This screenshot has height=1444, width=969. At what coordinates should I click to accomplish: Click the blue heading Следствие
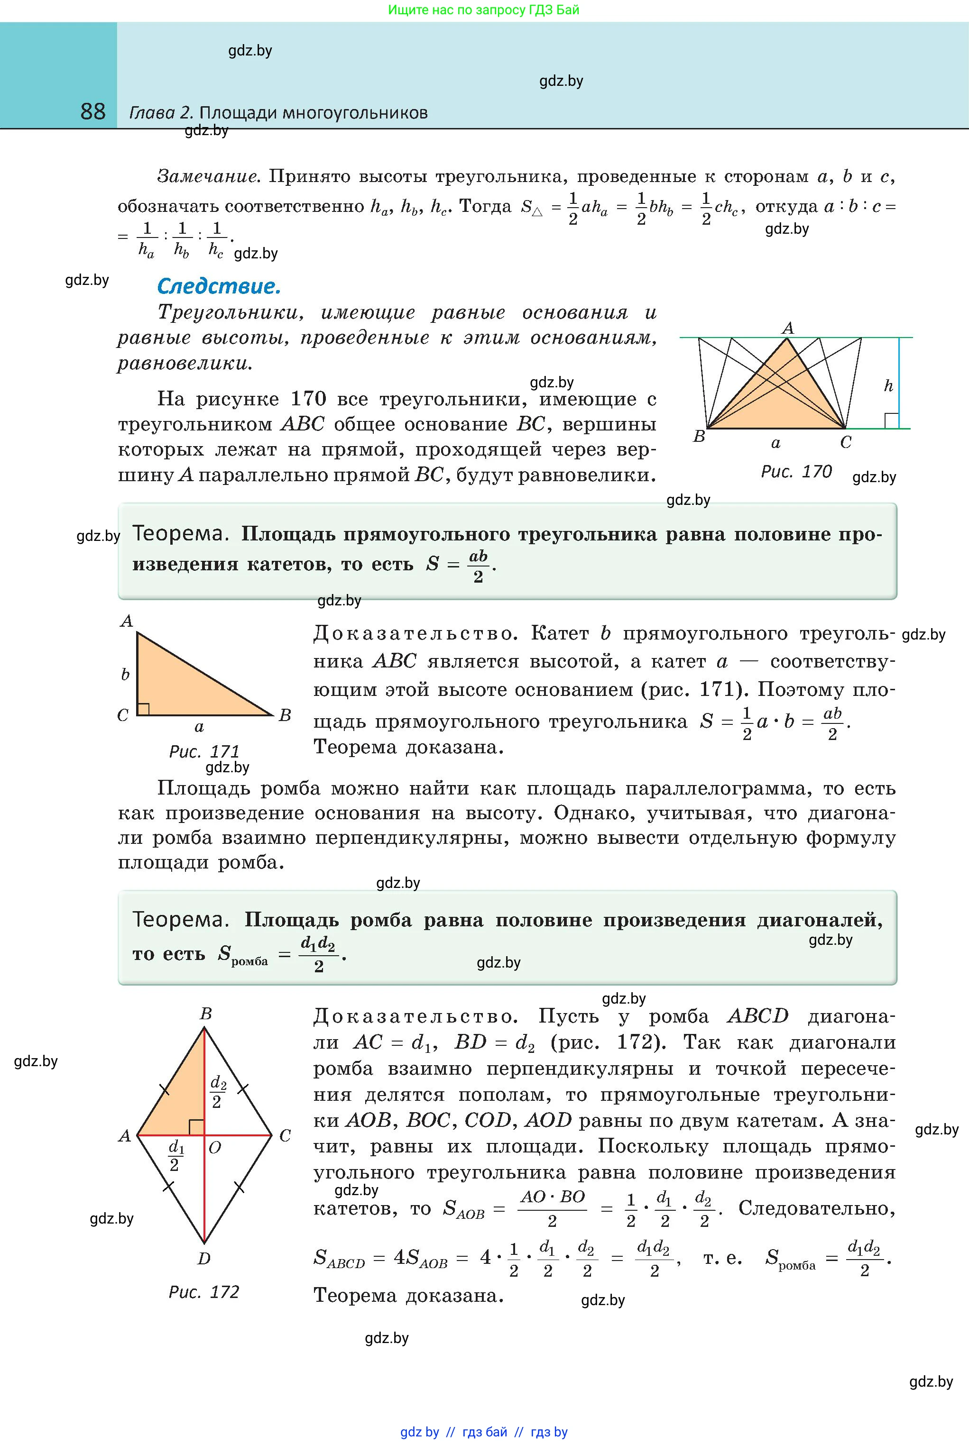point(219,286)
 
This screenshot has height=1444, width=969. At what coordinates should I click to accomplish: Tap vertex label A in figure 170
point(787,328)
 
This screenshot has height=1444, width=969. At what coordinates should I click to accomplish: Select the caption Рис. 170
point(796,471)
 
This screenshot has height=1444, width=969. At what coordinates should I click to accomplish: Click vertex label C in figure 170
point(846,442)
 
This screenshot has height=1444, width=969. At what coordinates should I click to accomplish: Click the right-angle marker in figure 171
point(143,708)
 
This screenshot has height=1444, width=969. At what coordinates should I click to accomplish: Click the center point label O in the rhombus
point(215,1148)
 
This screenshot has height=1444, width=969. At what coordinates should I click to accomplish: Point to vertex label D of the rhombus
point(204,1258)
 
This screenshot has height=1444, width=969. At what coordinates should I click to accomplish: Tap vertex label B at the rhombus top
point(206,1014)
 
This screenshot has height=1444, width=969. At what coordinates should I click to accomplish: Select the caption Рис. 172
point(203,1291)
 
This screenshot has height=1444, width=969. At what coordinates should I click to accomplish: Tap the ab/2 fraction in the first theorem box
point(478,566)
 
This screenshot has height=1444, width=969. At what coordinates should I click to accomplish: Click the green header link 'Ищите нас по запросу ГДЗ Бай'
point(484,10)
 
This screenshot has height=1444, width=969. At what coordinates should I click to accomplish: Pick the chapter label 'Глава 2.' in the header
point(161,113)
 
